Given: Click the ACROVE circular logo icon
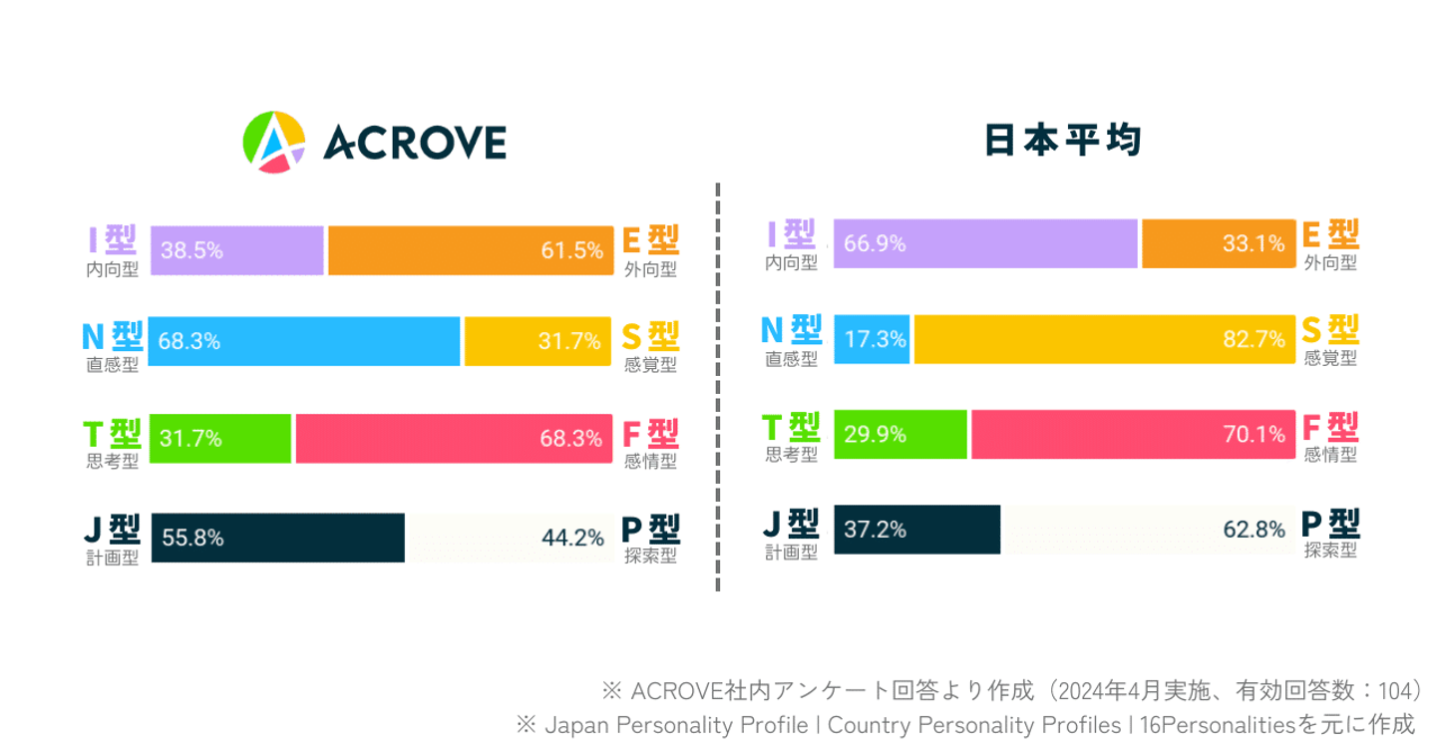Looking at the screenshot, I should (274, 142).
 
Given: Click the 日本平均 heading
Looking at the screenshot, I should (1062, 141).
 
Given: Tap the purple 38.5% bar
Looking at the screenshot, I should (237, 250).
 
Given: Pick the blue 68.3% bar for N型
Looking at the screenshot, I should (304, 341).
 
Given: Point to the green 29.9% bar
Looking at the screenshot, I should (900, 434).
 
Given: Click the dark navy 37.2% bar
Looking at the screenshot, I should (916, 530).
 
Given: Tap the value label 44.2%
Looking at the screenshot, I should (572, 539).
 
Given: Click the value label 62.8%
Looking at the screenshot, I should (1255, 530).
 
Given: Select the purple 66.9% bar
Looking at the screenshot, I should (985, 242).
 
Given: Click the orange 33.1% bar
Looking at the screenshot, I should (1218, 242).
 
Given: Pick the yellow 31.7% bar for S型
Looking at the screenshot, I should (538, 341).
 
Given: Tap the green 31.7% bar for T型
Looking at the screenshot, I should (220, 438).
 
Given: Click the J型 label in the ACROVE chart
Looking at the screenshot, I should (112, 528).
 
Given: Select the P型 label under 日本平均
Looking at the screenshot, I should (1330, 523).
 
